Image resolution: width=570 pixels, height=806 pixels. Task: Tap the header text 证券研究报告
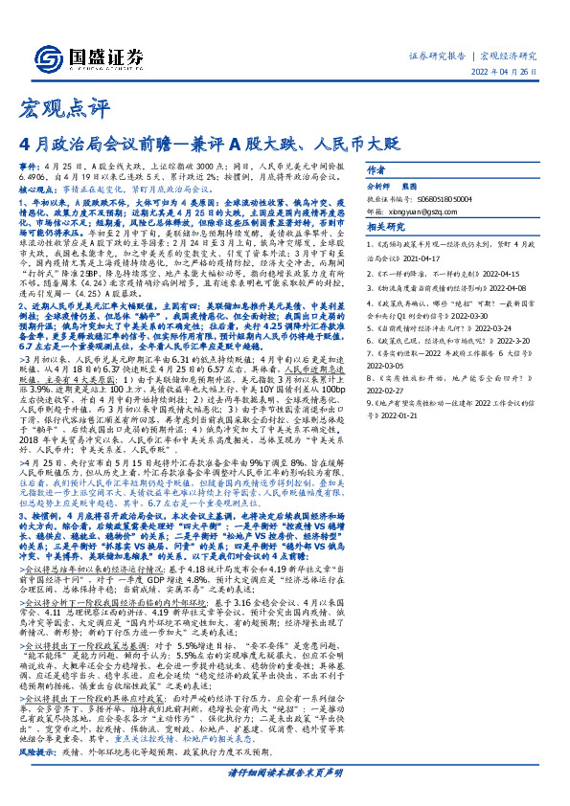point(439,56)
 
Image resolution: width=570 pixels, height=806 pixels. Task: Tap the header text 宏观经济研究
point(508,56)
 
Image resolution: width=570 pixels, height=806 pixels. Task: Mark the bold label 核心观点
point(38,217)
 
